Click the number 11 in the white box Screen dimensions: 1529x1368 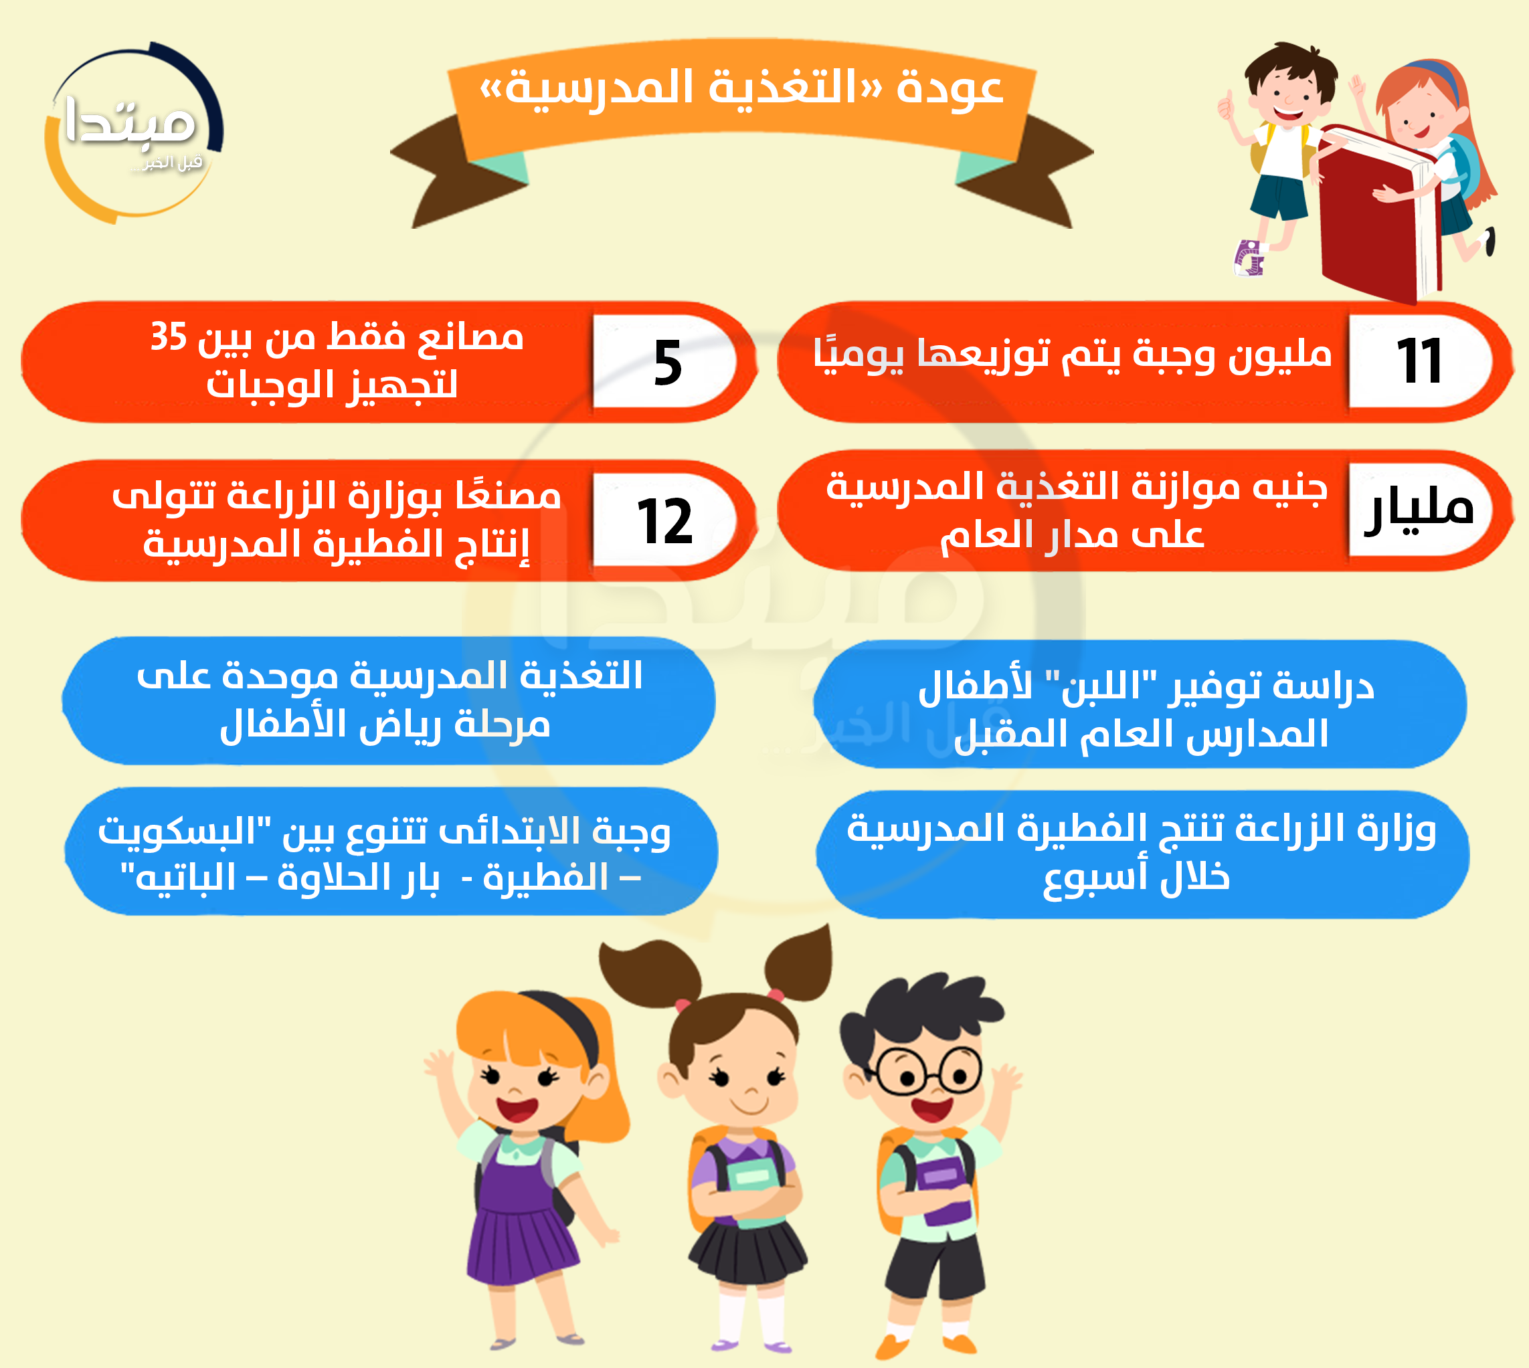click(1419, 361)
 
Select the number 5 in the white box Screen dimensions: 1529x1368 click(668, 363)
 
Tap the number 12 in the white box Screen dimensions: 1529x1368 click(664, 522)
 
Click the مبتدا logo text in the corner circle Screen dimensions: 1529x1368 click(130, 122)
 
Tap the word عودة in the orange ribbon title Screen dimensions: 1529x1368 click(950, 88)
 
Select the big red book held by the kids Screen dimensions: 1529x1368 click(1377, 214)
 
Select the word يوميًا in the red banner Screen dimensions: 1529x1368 click(858, 354)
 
